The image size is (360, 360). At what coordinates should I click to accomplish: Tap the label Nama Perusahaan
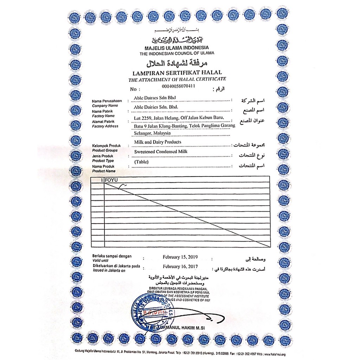click(x=107, y=101)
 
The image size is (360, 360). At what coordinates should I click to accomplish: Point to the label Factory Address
click(x=105, y=126)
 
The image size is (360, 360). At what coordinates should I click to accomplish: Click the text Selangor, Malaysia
click(x=152, y=133)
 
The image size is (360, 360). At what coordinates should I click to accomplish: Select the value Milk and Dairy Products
click(x=158, y=142)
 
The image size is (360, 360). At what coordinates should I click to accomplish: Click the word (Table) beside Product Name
click(x=142, y=162)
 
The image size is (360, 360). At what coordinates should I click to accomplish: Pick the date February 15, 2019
click(x=178, y=257)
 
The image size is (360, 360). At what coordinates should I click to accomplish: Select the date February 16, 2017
click(x=178, y=267)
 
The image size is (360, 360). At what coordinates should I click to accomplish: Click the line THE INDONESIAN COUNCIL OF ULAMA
click(x=176, y=53)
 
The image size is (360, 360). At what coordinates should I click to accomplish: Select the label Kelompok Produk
click(x=107, y=146)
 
